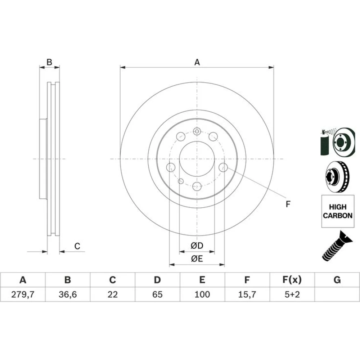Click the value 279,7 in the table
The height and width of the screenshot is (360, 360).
tap(23, 294)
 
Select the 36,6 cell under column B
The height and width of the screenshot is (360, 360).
tap(68, 294)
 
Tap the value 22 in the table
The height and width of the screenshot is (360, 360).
tap(112, 294)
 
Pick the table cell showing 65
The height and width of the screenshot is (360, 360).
tap(158, 294)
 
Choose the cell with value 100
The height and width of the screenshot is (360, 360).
tap(202, 294)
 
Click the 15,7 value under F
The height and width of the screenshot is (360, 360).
tap(247, 294)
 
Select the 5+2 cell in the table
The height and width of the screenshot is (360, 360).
tap(292, 294)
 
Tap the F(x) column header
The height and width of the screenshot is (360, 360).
tap(292, 280)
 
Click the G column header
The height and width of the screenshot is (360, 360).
tap(337, 280)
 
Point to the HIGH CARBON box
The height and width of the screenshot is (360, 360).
tap(338, 211)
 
